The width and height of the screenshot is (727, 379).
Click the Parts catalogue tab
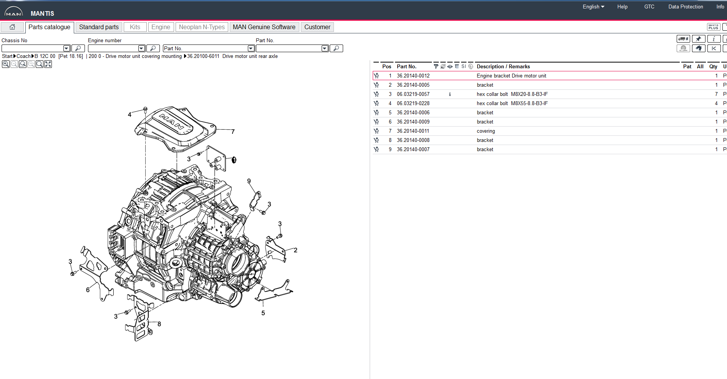coord(49,27)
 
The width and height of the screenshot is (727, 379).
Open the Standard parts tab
coord(99,27)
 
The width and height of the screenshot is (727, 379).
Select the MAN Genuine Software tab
coord(264,27)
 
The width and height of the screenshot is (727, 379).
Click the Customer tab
coord(317,27)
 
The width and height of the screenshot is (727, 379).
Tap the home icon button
coord(12,27)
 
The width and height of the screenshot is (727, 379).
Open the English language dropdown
coord(593,7)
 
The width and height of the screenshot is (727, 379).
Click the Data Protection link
coord(686,7)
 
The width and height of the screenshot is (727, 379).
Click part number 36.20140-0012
coord(413,76)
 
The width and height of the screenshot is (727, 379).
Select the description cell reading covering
coord(486,131)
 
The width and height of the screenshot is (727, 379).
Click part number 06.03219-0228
coord(413,104)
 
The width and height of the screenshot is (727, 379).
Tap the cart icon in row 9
coord(376,150)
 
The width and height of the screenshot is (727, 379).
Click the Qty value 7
coord(716,94)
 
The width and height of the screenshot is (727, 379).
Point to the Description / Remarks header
coord(503,67)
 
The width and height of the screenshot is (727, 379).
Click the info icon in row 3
coord(450,94)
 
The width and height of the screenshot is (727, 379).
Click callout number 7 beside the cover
coord(233,132)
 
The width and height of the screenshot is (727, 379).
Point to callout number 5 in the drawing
coord(263,313)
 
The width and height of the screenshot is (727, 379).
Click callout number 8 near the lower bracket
coord(159,324)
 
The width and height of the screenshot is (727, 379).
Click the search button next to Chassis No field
coord(78,48)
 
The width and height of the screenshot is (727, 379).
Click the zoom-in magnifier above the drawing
coord(6,64)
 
